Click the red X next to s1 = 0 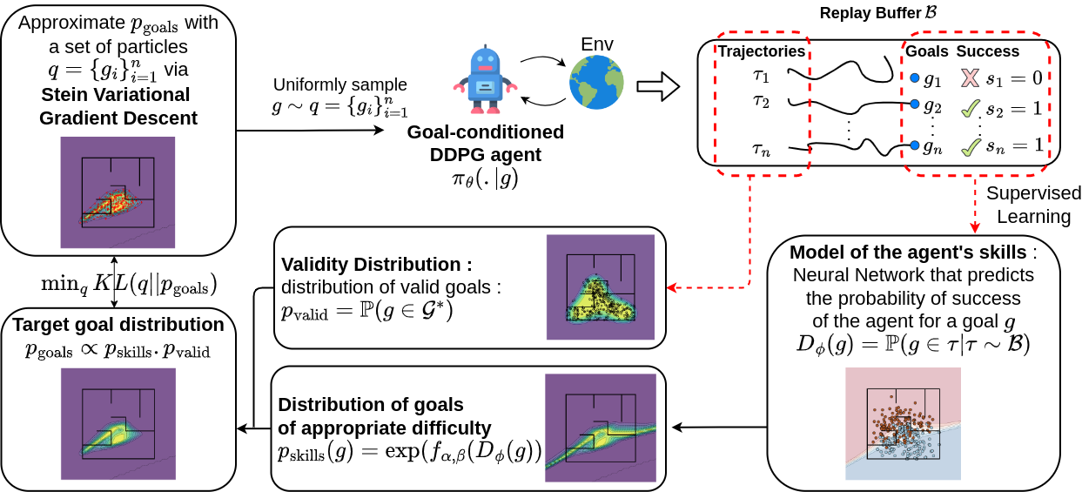point(970,79)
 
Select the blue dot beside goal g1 point(914,79)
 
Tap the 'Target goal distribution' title point(118,324)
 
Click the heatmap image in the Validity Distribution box point(600,286)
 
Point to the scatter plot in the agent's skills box point(903,423)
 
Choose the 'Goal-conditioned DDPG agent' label point(486,144)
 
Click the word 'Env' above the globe point(596,44)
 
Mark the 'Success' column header point(986,51)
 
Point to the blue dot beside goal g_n point(913,145)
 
